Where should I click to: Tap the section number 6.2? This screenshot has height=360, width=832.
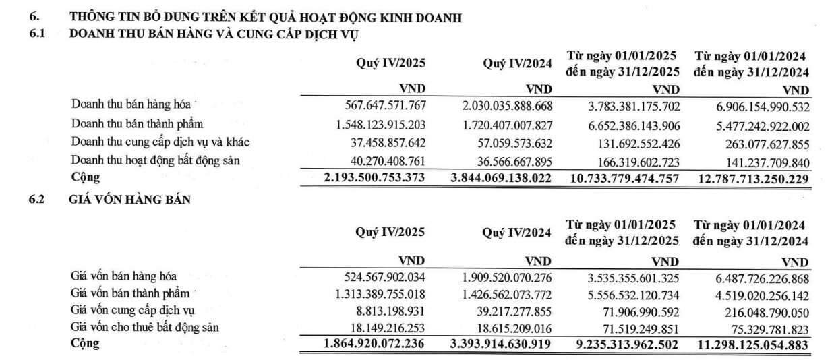(36, 199)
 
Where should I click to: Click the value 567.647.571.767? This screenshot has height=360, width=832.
(382, 106)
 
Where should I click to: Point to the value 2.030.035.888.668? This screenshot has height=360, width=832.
(506, 106)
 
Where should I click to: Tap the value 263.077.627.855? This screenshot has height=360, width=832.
(757, 142)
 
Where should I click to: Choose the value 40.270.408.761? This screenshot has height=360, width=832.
(386, 160)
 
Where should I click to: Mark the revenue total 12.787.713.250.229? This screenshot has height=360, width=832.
(751, 178)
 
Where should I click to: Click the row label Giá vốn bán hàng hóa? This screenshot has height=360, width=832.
(123, 276)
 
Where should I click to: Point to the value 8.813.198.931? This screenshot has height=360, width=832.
(390, 311)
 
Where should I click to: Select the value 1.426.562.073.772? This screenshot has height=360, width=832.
(506, 293)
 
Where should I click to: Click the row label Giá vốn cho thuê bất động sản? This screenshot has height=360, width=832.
(146, 327)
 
